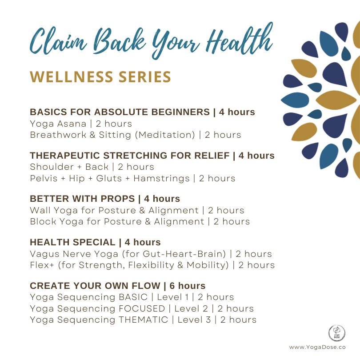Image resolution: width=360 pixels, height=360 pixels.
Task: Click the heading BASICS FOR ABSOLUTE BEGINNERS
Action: coord(120,112)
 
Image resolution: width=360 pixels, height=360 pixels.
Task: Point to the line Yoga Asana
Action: coord(58,124)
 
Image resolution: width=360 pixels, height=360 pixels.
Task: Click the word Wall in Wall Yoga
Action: coord(40,210)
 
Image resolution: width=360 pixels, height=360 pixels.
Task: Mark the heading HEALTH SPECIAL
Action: coord(72,243)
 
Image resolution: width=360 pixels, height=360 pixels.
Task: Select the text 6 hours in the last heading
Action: coord(188,286)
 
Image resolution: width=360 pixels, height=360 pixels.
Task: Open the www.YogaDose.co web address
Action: coord(318,347)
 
